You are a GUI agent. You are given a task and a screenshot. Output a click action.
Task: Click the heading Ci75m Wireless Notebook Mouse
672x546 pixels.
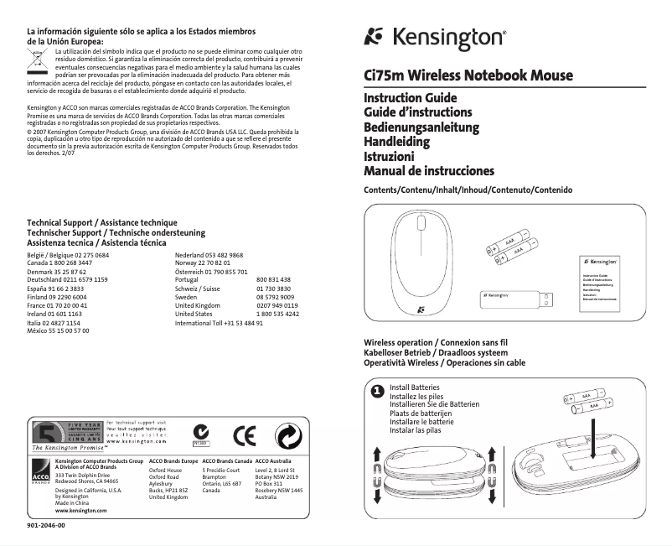point(468,75)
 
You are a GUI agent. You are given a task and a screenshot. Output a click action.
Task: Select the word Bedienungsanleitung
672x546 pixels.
point(421,127)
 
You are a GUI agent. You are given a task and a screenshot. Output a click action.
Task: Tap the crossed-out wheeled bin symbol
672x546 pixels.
point(36,59)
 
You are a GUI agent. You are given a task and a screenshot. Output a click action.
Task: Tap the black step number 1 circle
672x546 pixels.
point(377,391)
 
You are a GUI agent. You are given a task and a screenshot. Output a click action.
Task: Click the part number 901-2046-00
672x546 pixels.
point(46,525)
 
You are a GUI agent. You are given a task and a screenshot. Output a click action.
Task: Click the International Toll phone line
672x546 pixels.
point(219,323)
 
